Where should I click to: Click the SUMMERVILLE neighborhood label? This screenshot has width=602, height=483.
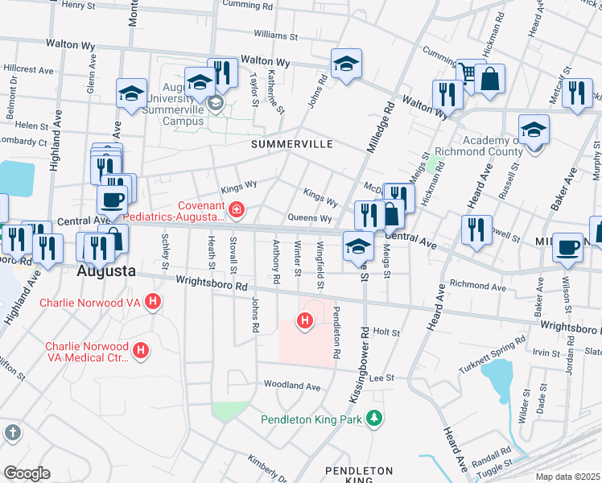pos(291,144)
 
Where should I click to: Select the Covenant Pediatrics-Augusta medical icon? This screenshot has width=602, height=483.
pos(237,211)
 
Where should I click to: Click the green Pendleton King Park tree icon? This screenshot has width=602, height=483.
pos(373,418)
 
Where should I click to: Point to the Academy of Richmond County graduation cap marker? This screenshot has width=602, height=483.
pos(534,129)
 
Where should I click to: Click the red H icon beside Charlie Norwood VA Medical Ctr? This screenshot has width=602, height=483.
pos(141,350)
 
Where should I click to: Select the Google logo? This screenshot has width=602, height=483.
pos(27,473)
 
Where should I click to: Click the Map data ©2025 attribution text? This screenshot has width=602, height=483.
pos(567,477)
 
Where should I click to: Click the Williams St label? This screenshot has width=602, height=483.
pos(275,36)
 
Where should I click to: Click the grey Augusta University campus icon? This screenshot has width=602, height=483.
pos(215,103)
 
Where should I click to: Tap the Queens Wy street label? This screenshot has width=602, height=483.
pos(310,218)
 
